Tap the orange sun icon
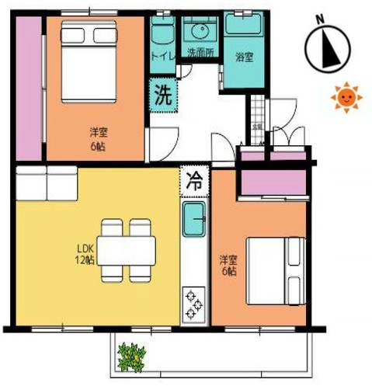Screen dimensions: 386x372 (345, 97)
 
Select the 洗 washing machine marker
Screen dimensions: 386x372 (162, 96)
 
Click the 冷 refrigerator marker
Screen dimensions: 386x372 (193, 183)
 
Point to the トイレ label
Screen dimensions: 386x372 (162, 55)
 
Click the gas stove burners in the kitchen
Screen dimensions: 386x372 (194, 304)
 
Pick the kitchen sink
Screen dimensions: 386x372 (193, 223)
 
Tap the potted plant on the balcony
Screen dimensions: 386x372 (131, 357)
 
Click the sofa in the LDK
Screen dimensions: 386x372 (47, 183)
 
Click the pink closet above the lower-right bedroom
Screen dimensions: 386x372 (273, 182)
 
